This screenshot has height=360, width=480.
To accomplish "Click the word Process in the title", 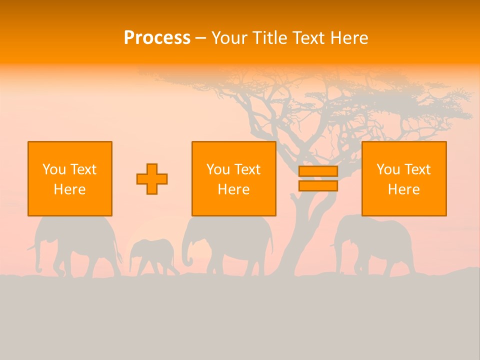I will tap(157, 38).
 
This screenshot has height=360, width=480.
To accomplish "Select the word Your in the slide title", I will tap(229, 38).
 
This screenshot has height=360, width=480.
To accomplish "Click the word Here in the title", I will tap(349, 38).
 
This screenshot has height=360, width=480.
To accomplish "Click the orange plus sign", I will tap(152, 179).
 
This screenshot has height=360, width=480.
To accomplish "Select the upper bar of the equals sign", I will tap(318, 171).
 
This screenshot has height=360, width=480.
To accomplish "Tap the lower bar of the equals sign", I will tap(318, 186).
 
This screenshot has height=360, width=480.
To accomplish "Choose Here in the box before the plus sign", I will tap(69, 189).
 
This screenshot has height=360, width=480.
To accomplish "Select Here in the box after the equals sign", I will tap(403, 189).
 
